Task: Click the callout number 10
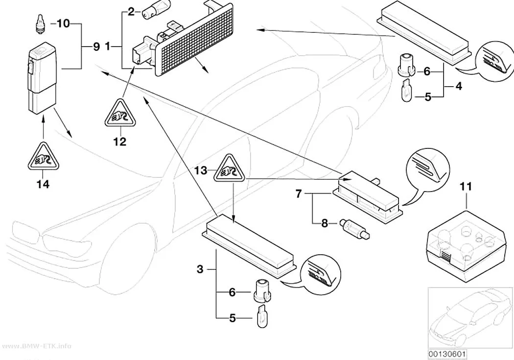click(x=64, y=24)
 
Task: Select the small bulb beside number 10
click(x=40, y=24)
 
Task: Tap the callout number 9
click(x=96, y=47)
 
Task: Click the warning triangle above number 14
click(x=43, y=157)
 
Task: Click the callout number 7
click(x=298, y=194)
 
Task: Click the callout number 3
click(x=200, y=269)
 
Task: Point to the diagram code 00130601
click(x=447, y=355)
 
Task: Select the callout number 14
click(x=43, y=184)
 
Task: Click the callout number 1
click(x=107, y=47)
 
